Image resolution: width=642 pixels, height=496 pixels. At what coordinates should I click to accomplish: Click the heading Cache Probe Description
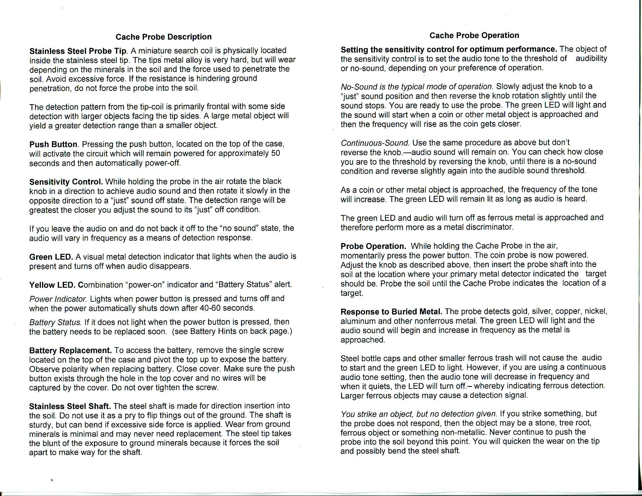[163, 37]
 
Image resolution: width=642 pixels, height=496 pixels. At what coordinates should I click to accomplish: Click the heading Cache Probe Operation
[474, 36]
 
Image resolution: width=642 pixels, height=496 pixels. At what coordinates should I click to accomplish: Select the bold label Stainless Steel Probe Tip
[78, 51]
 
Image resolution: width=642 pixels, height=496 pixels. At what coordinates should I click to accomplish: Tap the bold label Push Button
[53, 144]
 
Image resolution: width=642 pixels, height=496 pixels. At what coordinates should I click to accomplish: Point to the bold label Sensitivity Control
[66, 181]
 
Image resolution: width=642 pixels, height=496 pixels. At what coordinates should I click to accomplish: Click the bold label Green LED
[51, 257]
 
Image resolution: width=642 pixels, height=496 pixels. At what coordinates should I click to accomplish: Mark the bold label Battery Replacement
[70, 350]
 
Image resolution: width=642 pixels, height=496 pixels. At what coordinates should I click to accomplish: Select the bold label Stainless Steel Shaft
[70, 406]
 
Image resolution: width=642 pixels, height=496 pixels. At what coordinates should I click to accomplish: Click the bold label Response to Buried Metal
[392, 312]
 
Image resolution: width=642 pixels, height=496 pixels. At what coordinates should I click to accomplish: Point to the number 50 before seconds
[275, 154]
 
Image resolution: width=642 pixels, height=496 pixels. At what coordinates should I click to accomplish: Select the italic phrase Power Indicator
[58, 299]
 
